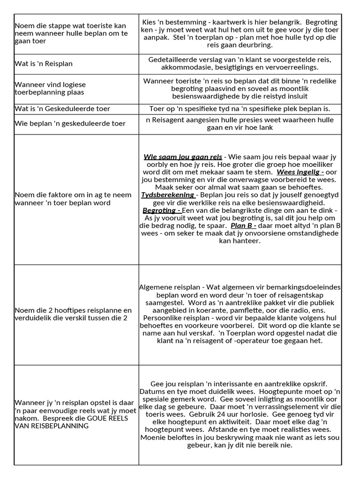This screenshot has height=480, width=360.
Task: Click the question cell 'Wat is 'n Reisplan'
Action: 44,64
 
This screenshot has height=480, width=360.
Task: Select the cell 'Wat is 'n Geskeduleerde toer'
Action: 62,109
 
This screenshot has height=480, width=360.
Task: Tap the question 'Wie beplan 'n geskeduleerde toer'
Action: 70,124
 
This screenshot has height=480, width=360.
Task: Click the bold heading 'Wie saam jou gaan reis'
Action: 183,157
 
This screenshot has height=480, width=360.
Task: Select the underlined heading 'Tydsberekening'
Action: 168,195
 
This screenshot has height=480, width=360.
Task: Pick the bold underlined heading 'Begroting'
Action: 161,210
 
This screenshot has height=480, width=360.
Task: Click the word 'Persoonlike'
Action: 159,318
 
